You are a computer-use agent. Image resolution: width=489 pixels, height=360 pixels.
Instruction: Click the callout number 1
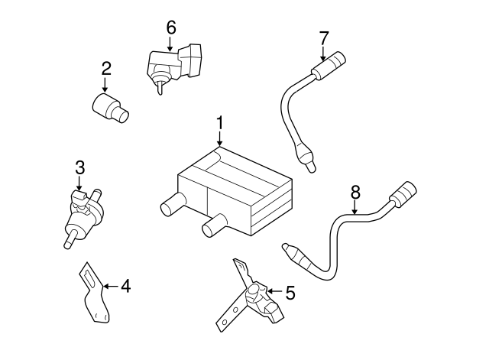(219, 122)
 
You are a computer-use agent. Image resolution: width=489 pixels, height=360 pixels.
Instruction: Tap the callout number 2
(106, 69)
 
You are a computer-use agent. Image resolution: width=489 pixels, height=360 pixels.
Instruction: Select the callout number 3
(79, 167)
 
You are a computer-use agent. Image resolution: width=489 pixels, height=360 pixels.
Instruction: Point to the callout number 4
(126, 287)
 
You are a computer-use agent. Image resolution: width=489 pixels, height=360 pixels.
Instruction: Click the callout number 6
(170, 28)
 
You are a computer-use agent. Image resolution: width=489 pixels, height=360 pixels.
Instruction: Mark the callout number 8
(355, 193)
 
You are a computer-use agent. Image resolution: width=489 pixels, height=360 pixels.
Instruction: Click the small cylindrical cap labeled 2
(109, 108)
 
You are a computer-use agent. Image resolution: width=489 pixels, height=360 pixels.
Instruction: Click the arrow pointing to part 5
(273, 291)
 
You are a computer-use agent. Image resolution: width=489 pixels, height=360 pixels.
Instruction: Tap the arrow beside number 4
(110, 287)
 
